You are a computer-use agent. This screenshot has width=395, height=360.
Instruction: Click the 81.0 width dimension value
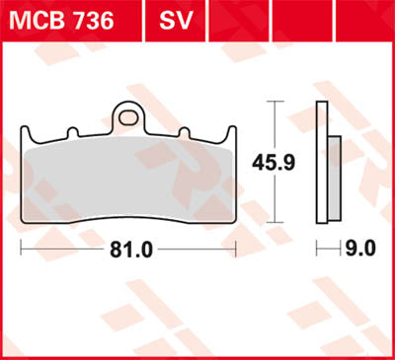click(130, 250)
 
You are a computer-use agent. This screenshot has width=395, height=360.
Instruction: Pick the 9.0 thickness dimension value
click(362, 250)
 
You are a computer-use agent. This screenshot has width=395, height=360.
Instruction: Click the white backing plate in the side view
click(321, 158)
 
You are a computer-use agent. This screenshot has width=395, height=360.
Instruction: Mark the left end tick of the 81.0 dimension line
click(20, 250)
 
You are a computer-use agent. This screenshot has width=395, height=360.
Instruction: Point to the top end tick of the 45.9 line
click(274, 103)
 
